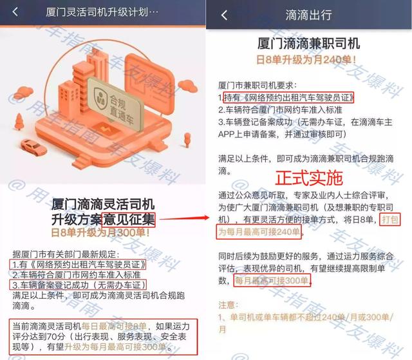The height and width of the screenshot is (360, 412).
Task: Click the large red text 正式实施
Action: (309, 177)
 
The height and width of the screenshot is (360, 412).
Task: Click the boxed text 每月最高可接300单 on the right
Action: (272, 280)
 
